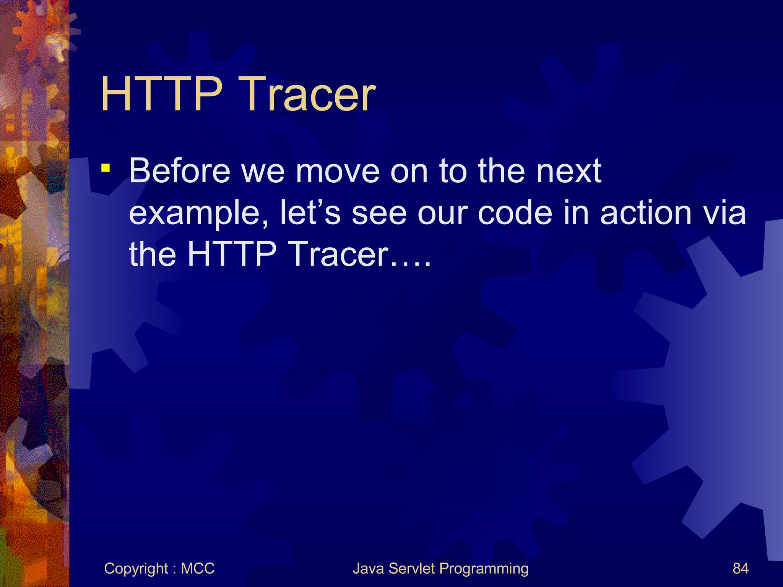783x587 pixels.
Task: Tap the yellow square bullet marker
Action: tap(106, 168)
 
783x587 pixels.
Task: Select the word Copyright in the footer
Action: tap(136, 569)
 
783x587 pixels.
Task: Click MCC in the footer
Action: tap(198, 569)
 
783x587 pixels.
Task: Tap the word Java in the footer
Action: tap(368, 569)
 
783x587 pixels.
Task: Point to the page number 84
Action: tap(740, 569)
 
